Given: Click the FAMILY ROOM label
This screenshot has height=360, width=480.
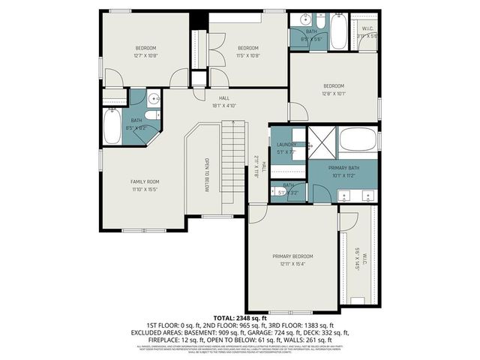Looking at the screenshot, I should coord(142,181).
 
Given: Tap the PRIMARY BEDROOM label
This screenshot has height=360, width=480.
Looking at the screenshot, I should coord(292,256).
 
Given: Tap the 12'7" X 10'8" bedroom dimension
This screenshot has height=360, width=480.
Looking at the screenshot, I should coord(145,55).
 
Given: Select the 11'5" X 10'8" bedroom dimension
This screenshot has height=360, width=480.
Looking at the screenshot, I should coord(247,55).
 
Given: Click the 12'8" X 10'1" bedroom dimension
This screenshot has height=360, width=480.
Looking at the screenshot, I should coord(334,94).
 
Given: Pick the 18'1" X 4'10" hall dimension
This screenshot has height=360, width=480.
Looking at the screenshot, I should coord(223,106).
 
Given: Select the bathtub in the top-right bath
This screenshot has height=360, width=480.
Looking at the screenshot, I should coord(337,30).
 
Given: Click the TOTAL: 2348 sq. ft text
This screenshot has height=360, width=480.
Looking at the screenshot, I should coord(240,318).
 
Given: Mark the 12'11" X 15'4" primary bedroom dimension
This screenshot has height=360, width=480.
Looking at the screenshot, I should coord(292,264).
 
